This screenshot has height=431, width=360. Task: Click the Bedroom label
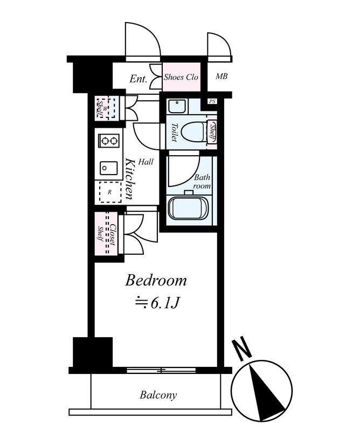click(x=156, y=281)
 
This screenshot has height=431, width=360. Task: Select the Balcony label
click(x=158, y=395)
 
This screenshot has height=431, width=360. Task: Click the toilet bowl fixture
click(x=194, y=131)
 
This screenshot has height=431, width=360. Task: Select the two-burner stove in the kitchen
click(x=109, y=141)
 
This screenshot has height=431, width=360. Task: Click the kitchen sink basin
click(x=109, y=168)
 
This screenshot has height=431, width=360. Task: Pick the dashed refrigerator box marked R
click(x=110, y=192)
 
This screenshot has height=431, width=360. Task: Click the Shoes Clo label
click(x=181, y=77)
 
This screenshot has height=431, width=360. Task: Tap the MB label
click(x=221, y=76)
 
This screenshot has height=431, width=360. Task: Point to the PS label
click(x=212, y=101)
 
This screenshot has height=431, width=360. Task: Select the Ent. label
click(x=139, y=79)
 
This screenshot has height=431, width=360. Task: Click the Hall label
click(x=146, y=162)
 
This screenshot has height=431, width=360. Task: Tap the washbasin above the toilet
click(x=177, y=106)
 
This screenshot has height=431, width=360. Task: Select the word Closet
click(x=113, y=235)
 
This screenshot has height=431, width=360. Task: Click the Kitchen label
click(x=129, y=179)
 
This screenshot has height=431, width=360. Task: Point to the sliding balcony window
click(x=161, y=370)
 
